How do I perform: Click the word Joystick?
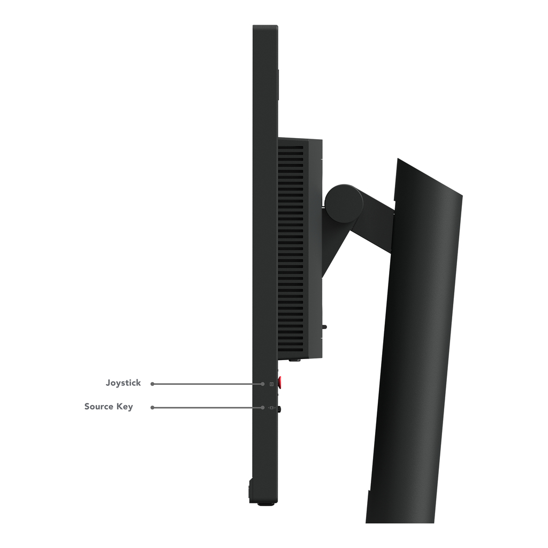point(123,383)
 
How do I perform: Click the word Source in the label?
point(100,407)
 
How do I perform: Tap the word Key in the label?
point(125,407)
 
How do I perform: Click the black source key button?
point(280,409)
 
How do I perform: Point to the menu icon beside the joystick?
point(272,384)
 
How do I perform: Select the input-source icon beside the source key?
point(272,408)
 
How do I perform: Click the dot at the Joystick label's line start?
point(153,384)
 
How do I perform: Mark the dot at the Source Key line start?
point(153,407)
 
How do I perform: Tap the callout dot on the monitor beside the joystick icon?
point(263,384)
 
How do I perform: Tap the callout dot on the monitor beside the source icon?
point(263,407)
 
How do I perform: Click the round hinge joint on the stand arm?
point(344,203)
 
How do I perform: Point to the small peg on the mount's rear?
point(325,325)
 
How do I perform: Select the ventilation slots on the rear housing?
point(291,246)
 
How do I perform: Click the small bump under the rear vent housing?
point(294,360)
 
